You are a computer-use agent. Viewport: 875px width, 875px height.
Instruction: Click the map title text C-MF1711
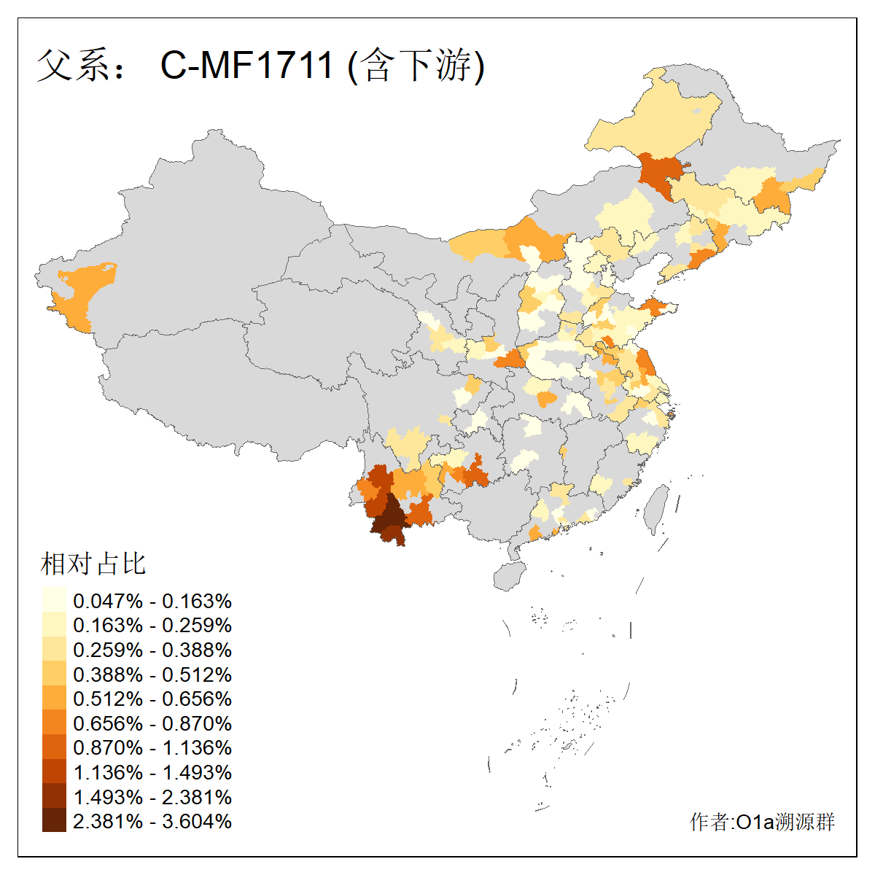[x=246, y=65]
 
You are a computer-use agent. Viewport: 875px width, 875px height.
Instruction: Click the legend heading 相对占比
[x=93, y=564]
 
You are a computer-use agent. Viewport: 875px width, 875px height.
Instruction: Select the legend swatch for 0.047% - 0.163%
[x=54, y=601]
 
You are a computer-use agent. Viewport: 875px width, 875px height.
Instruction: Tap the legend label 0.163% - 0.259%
[x=152, y=626]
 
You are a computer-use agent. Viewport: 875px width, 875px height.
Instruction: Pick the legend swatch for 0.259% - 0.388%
[x=54, y=650]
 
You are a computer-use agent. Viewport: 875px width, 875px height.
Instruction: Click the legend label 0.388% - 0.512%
[x=152, y=674]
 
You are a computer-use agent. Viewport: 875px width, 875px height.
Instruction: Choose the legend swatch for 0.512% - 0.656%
[x=54, y=699]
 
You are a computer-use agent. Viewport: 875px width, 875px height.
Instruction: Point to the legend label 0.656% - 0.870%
[x=152, y=723]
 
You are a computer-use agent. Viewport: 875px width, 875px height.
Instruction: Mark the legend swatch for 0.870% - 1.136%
[x=54, y=747]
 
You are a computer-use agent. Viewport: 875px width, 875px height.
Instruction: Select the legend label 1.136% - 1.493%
[x=152, y=772]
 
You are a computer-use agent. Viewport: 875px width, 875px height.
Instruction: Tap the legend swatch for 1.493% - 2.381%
[x=54, y=796]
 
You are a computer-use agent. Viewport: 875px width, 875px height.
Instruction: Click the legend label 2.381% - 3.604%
[x=152, y=821]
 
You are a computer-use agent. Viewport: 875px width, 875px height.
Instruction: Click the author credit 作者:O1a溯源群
[x=762, y=822]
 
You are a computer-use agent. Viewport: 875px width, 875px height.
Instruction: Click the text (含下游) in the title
[x=416, y=66]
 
